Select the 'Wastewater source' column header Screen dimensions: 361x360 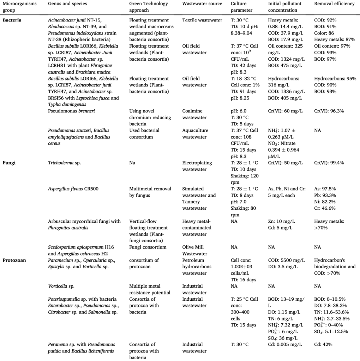click(202, 4)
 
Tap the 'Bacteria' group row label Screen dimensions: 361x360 click(12, 20)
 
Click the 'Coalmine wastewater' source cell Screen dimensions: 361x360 click(196, 114)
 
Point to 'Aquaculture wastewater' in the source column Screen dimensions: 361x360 click(197, 134)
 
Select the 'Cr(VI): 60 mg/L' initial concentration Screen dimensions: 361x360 click(285, 111)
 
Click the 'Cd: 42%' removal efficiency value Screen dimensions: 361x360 click(323, 344)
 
